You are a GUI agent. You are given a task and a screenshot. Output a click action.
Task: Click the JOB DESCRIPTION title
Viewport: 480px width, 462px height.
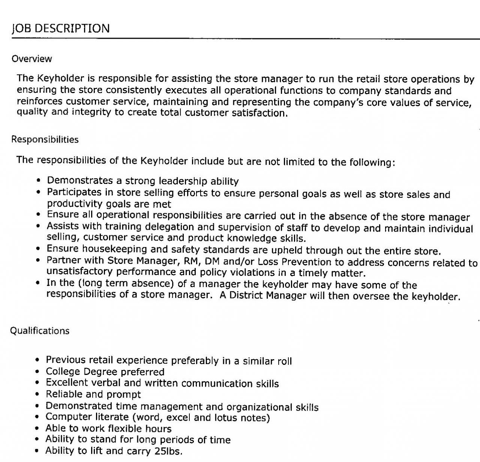(61, 29)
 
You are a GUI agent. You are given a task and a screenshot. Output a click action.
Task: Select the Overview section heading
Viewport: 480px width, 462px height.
(31, 59)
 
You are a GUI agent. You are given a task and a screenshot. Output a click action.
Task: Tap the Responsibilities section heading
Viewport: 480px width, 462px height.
(45, 140)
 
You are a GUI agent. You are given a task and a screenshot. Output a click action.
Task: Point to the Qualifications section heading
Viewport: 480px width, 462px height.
(40, 331)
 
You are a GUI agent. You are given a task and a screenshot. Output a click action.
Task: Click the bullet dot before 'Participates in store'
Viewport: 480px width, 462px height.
(38, 193)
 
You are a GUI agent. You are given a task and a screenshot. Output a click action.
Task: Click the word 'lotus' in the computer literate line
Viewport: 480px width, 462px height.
(226, 418)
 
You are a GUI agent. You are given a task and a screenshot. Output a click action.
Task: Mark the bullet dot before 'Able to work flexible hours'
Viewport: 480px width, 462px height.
(37, 429)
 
